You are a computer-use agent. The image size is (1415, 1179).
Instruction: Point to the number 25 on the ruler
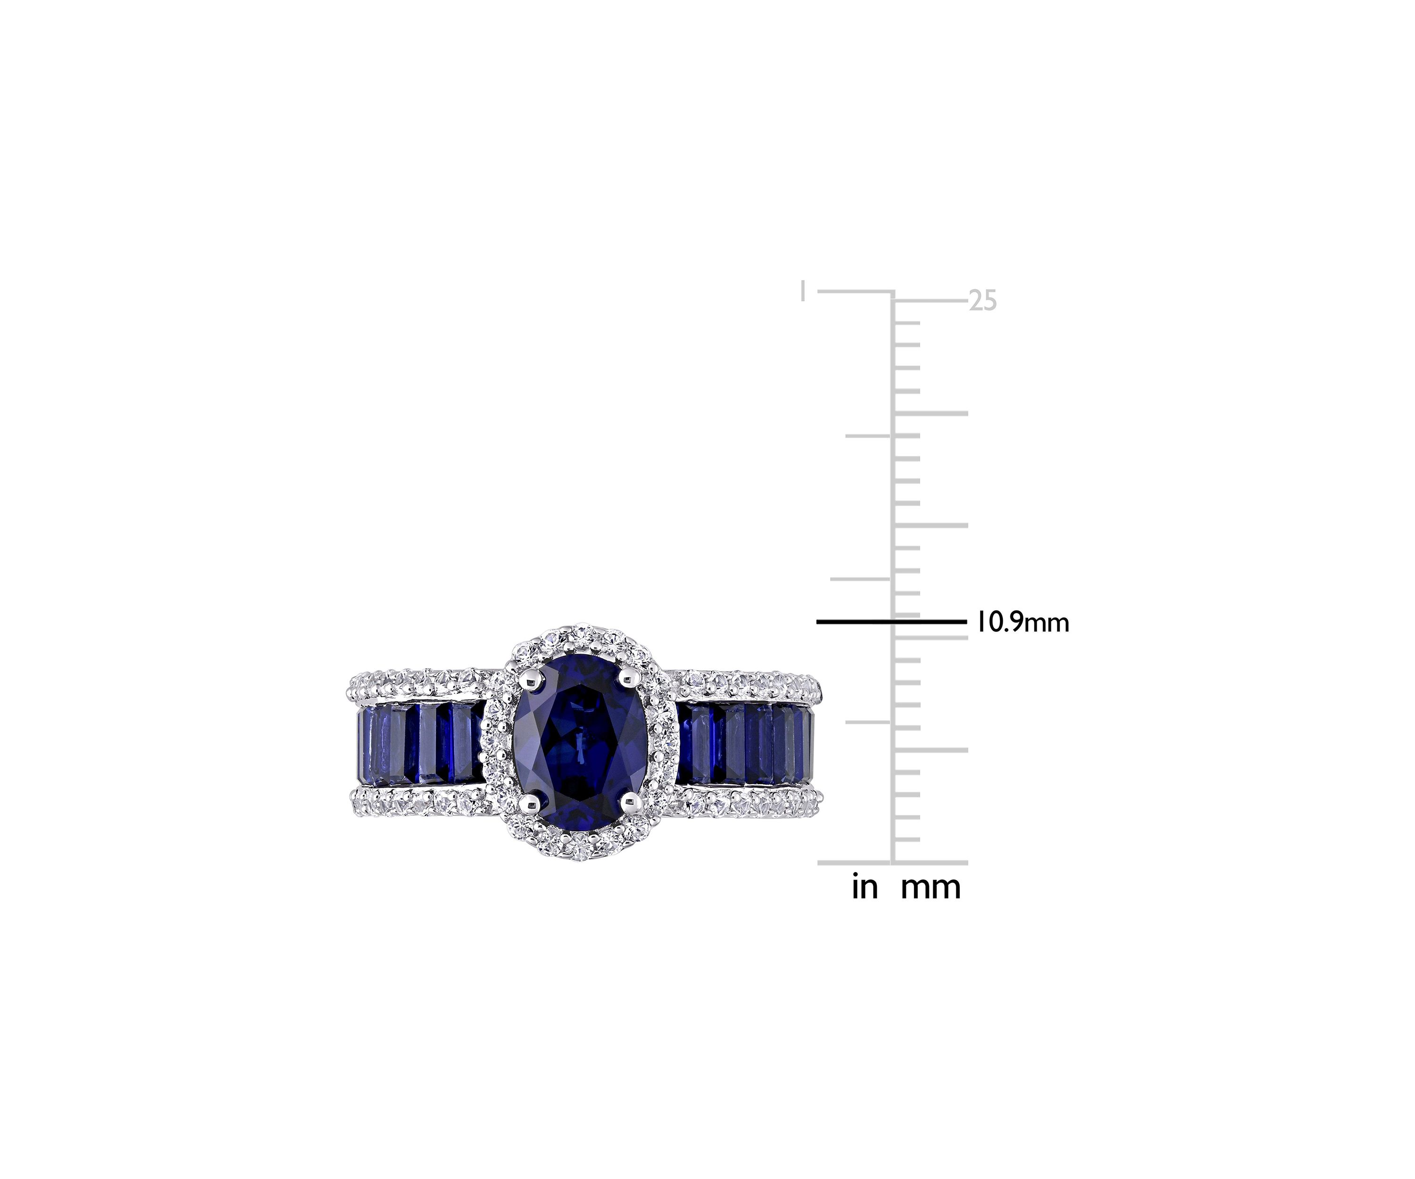coord(982,300)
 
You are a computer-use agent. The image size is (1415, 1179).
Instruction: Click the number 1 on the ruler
coord(802,292)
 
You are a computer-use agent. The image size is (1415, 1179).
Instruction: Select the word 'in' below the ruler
coord(865,887)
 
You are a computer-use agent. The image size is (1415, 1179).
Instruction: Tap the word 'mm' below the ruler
coord(931,888)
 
